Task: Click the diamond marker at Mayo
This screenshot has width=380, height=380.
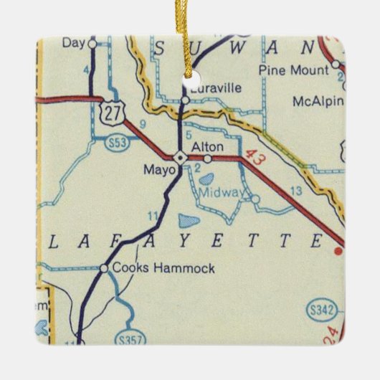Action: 179,157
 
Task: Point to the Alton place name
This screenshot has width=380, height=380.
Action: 207,146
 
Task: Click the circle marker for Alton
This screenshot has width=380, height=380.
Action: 208,158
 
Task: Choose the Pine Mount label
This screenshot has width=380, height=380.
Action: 294,70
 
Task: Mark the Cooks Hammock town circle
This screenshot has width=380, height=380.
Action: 104,268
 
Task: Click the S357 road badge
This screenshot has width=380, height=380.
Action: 126,337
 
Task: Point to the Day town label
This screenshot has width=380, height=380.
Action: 73,43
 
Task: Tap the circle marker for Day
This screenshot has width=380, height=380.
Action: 92,44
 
